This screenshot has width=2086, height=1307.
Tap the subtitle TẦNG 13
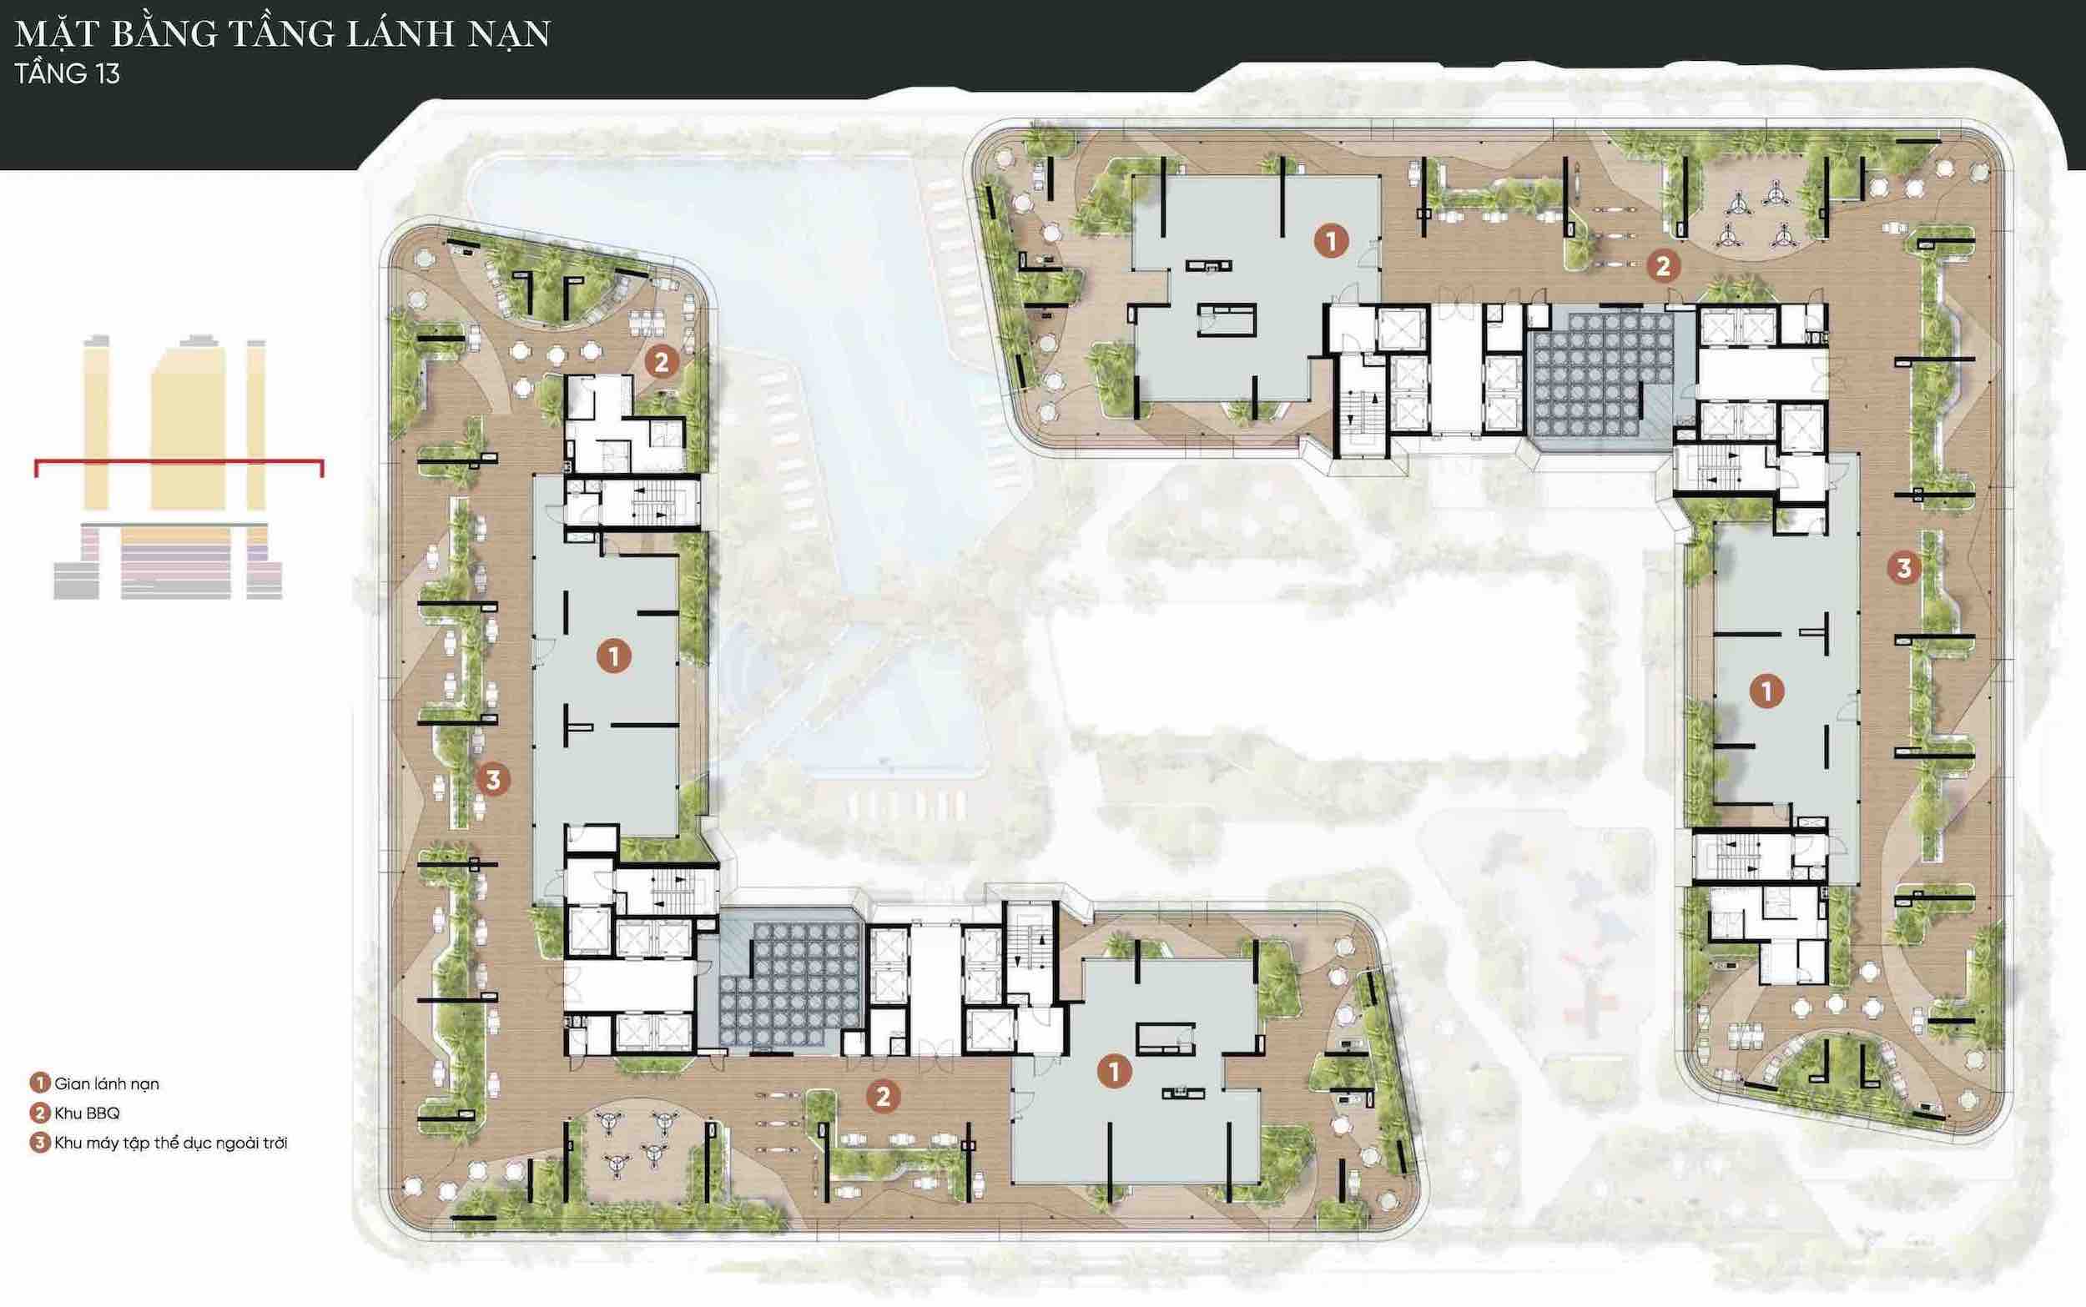click(68, 73)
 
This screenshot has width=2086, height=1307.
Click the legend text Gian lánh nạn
click(106, 1084)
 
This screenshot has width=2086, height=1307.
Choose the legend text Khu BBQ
click(88, 1113)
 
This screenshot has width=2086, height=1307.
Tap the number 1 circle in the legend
click(39, 1083)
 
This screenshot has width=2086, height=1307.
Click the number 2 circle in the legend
click(39, 1113)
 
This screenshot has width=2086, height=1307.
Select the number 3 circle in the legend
click(39, 1143)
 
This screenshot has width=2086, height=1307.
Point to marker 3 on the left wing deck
click(493, 781)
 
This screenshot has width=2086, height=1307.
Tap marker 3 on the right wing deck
click(1903, 568)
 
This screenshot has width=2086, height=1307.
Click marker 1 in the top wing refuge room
click(1332, 241)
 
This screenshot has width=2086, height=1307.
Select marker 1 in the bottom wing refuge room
click(1114, 1072)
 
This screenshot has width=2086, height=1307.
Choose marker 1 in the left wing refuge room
click(614, 657)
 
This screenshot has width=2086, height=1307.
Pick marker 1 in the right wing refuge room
click(1766, 691)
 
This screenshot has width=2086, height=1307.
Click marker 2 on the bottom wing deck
click(883, 1097)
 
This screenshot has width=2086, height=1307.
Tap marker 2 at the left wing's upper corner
click(662, 362)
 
